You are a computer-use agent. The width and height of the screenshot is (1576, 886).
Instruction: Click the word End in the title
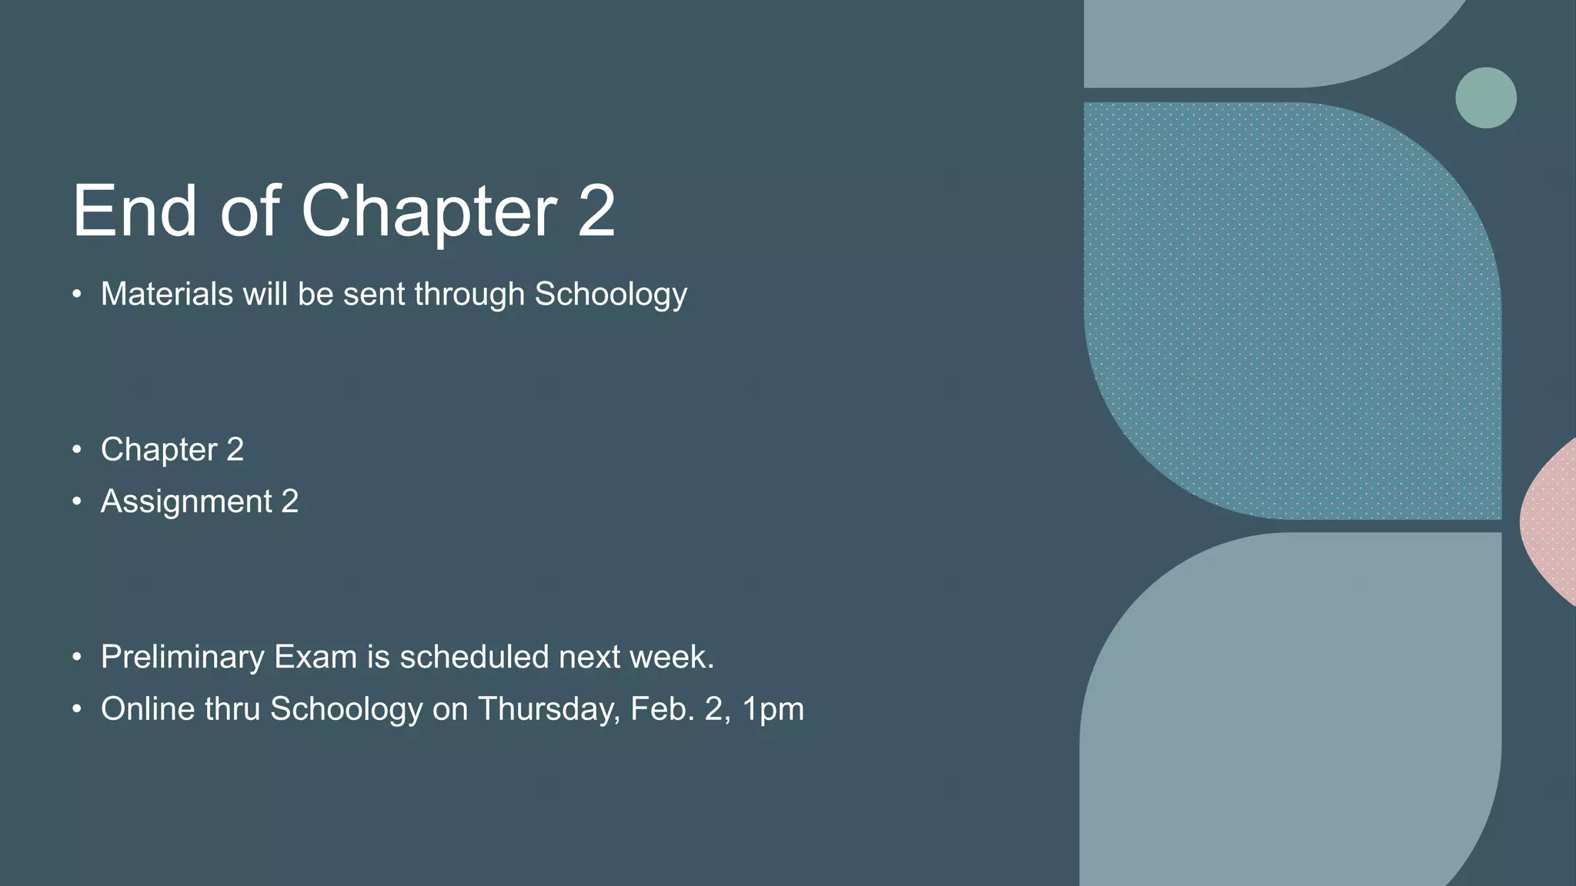(135, 211)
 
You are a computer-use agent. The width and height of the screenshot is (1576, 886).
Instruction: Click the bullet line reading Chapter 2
(172, 450)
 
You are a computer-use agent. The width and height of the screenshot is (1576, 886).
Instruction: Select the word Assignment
(186, 502)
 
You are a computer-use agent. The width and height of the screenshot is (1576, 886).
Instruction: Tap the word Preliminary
(182, 658)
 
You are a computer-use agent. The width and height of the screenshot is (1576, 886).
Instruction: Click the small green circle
(1485, 98)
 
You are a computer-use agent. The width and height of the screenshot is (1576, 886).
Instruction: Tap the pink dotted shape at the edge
(1551, 523)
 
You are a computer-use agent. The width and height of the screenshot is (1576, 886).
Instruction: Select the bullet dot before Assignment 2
(76, 502)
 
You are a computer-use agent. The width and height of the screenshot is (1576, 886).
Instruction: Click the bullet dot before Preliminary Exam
(76, 658)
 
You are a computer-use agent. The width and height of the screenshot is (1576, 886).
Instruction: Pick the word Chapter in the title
(429, 212)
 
